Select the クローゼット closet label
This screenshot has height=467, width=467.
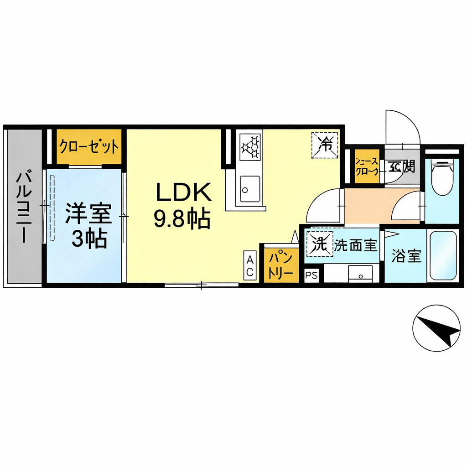[89, 147]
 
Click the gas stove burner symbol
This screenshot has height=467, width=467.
[250, 146]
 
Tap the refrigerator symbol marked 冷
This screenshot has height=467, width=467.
[325, 145]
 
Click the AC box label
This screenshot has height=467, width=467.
[250, 265]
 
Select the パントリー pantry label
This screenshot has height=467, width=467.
[280, 266]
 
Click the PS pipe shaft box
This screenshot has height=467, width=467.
[311, 275]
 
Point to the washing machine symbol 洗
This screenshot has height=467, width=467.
[320, 244]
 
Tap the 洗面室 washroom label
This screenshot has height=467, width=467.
[356, 245]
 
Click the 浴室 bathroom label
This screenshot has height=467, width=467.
[406, 256]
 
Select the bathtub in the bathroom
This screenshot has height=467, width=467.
[443, 256]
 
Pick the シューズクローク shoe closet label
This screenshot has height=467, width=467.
[367, 167]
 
